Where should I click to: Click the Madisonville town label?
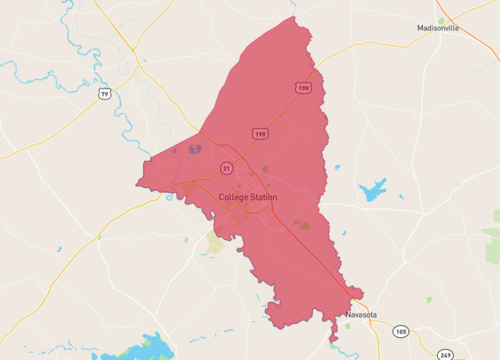coord(438,28)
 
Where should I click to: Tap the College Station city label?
coord(248,197)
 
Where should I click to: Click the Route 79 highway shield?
coord(104,94)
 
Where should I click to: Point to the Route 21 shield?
coord(227,167)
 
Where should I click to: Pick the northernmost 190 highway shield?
coord(302,88)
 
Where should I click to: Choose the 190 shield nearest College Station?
coord(260,133)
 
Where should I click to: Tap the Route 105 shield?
coord(401,331)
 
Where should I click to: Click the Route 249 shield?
coord(445,353)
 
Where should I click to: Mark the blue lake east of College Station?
coord(372,189)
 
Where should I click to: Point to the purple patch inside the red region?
coord(194,150)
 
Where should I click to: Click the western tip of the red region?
coord(139,184)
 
